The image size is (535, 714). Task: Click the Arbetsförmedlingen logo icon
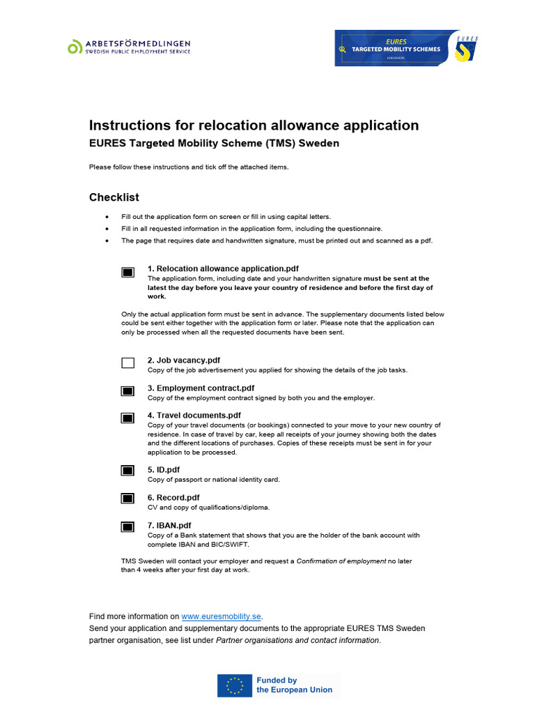pyautogui.click(x=75, y=47)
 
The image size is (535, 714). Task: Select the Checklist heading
pyautogui.click(x=114, y=197)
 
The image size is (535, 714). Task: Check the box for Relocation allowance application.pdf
pyautogui.click(x=127, y=273)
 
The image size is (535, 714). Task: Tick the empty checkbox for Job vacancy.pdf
pyautogui.click(x=127, y=363)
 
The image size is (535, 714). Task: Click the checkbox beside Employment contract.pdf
pyautogui.click(x=127, y=391)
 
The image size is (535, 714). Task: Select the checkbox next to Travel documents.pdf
pyautogui.click(x=127, y=418)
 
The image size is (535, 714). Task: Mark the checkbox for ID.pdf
pyautogui.click(x=127, y=471)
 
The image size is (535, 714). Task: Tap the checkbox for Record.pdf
pyautogui.click(x=127, y=499)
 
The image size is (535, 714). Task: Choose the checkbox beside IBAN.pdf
pyautogui.click(x=127, y=526)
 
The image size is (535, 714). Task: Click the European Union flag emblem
pyautogui.click(x=235, y=685)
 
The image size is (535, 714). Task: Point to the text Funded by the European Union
pyautogui.click(x=294, y=685)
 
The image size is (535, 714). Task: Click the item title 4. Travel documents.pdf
pyautogui.click(x=194, y=415)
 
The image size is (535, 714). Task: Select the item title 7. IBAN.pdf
pyautogui.click(x=169, y=525)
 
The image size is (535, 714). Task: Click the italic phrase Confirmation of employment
pyautogui.click(x=341, y=561)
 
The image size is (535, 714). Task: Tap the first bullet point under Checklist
pyautogui.click(x=107, y=217)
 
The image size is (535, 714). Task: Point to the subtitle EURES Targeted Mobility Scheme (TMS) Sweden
pyautogui.click(x=214, y=144)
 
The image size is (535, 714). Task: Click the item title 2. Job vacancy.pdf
pyautogui.click(x=184, y=360)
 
